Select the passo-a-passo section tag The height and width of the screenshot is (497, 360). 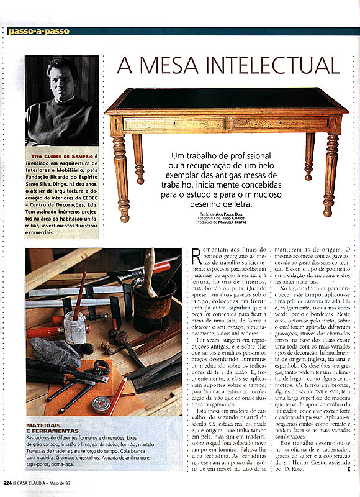pos(39,30)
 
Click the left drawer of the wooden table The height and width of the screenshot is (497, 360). pos(174,124)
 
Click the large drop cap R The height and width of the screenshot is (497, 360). pos(198,258)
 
